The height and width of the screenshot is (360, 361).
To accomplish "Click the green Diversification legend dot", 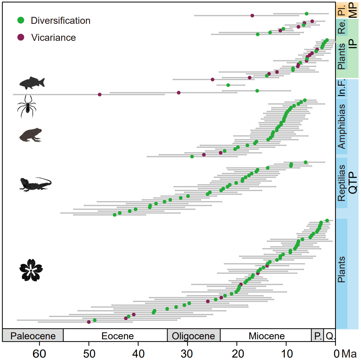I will pos(21,20).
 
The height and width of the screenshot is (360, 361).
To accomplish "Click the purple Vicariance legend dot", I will pos(21,37).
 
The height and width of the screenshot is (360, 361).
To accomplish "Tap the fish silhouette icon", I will pos(32,83).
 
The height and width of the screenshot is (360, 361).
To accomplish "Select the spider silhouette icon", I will pos(27,106).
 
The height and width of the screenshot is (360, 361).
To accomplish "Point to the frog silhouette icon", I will pos(31,135).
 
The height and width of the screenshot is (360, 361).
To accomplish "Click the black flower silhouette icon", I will pos(31,270).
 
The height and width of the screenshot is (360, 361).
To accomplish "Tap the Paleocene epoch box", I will pos(33,336).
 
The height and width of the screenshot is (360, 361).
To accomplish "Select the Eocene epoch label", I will pos(118,336).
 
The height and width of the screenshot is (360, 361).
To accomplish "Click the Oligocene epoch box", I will pos(193,336).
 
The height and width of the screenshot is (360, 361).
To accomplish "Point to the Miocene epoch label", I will pos(267,336).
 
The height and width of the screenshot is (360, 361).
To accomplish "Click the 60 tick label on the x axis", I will pos(39,354).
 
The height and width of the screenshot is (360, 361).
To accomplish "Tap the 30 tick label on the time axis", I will pos(187,354).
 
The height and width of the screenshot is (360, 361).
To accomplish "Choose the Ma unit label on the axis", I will pos(349,354).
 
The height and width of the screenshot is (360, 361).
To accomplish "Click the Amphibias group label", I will pos(342,126).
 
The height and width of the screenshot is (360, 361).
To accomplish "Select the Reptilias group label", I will pos(342,183).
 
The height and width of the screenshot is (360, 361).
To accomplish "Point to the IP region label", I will pos(353,44).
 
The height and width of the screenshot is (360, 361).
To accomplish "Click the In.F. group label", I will pos(342,88).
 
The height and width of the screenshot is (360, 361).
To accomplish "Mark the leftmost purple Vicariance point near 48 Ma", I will pos(100,95).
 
